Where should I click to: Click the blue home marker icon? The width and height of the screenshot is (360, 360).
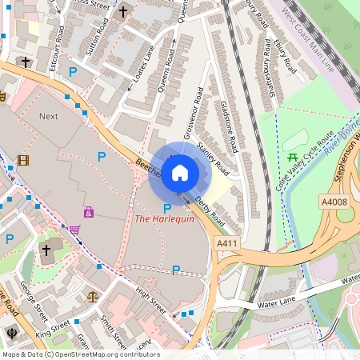point(180,172)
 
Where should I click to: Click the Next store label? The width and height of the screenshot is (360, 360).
point(49,116)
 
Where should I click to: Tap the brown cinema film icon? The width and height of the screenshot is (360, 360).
point(22,160)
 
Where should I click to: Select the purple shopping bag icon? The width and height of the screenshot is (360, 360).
point(88,212)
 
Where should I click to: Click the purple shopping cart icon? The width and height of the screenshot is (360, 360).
point(74,230)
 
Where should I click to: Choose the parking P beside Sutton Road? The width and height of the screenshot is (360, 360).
point(74,71)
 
